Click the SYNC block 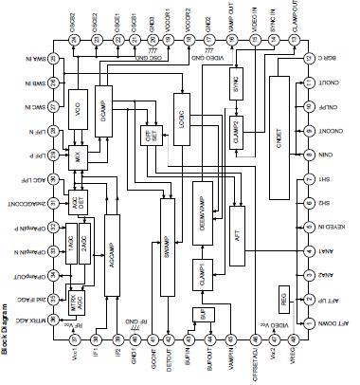click(236, 84)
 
